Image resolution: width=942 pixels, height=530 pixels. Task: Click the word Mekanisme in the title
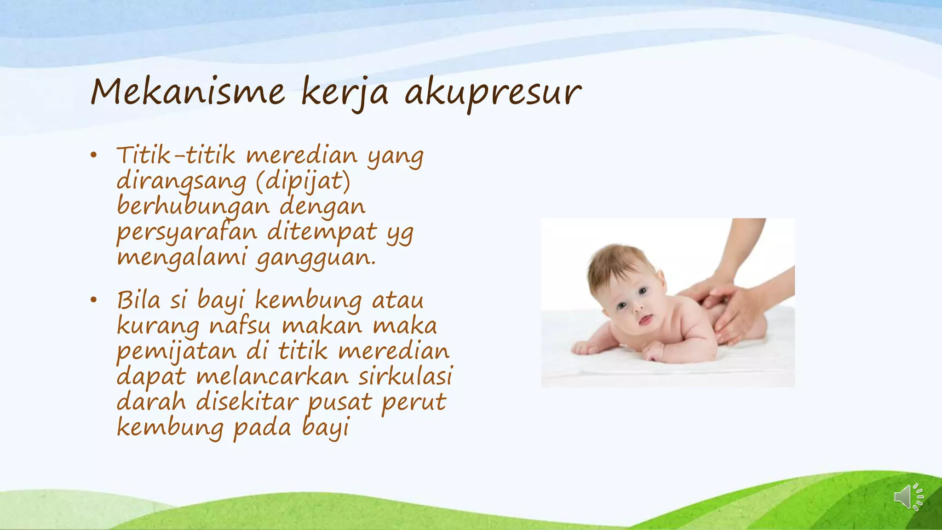tap(188, 92)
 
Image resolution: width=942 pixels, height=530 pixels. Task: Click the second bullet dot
tap(94, 300)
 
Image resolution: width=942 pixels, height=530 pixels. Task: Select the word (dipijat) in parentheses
tap(303, 181)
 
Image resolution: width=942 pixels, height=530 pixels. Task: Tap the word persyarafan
tap(187, 232)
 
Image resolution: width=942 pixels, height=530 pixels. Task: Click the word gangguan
tap(316, 258)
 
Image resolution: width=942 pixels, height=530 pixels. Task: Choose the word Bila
tap(138, 300)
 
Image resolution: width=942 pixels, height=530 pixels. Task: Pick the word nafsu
tap(240, 326)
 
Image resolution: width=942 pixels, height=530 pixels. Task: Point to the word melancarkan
tap(272, 377)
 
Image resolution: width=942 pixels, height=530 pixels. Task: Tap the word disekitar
tap(247, 402)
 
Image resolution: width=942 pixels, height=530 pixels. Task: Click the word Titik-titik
tap(176, 156)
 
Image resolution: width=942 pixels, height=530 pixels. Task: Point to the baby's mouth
tap(645, 320)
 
